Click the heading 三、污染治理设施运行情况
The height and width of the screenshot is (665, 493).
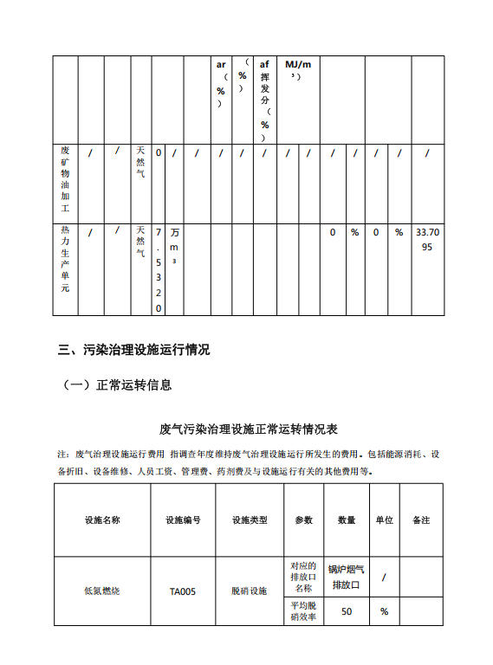[133, 351]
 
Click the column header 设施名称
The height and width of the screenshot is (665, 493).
[102, 520]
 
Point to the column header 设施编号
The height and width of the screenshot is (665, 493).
[183, 520]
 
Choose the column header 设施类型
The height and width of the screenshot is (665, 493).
[250, 520]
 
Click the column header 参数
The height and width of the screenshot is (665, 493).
[303, 520]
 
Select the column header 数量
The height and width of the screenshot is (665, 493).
[347, 520]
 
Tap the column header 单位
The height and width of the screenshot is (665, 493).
[384, 520]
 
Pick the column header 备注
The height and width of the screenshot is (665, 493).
[421, 520]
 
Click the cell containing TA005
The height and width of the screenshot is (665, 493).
[183, 592]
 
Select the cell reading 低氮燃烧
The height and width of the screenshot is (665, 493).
[102, 592]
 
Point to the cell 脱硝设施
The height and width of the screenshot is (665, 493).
[250, 591]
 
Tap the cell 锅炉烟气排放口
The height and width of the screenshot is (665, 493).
[347, 577]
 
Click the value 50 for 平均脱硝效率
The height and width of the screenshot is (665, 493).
[347, 611]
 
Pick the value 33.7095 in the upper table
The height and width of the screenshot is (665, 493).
[427, 240]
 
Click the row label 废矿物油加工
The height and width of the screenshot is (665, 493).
[65, 179]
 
